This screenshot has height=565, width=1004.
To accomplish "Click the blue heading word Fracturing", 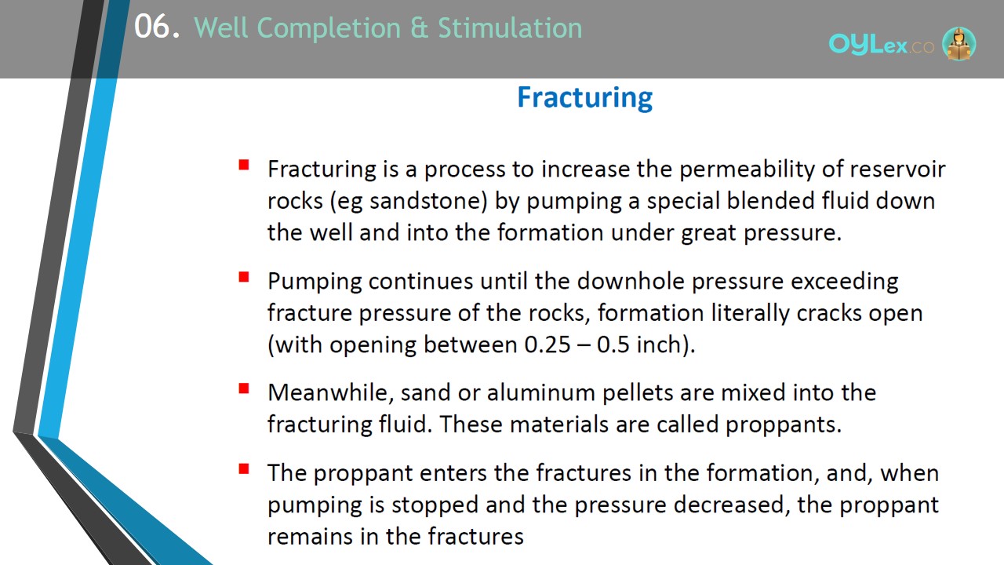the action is (x=585, y=98).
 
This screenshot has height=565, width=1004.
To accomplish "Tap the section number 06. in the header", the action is (x=157, y=27).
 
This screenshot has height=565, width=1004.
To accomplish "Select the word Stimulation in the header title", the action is (x=510, y=27).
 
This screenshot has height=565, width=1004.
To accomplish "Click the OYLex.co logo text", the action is (x=881, y=45).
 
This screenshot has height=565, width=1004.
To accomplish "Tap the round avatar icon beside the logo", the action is (x=959, y=43).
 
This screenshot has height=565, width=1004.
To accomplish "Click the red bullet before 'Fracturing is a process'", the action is (x=244, y=165).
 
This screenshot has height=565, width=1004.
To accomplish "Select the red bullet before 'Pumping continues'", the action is (x=244, y=277).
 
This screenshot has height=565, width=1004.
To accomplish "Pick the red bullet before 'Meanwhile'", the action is (x=244, y=388).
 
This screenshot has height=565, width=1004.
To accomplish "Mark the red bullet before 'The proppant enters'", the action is (x=244, y=469).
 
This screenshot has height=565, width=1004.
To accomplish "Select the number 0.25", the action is (x=547, y=344).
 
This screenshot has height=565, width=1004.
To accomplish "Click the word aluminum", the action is (x=540, y=392).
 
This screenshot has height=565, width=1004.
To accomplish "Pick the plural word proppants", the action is (x=784, y=425).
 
